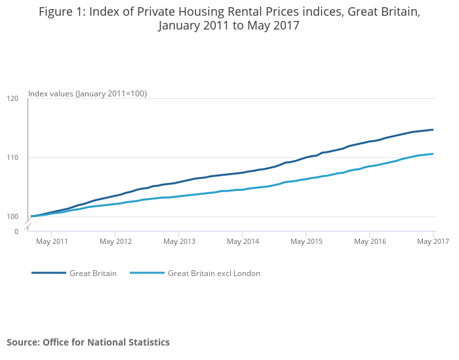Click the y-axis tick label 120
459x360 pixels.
click(12, 98)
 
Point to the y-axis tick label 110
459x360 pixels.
click(12, 157)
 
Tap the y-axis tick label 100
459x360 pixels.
click(12, 216)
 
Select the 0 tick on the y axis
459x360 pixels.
click(16, 231)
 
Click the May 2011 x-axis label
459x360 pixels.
click(52, 242)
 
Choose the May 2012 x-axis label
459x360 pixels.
click(115, 242)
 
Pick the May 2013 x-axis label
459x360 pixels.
click(179, 242)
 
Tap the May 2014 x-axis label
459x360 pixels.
click(243, 242)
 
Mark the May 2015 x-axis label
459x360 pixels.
click(306, 242)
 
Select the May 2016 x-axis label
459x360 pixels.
click(370, 242)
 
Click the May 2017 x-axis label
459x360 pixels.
click(433, 242)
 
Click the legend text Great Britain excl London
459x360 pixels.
click(214, 273)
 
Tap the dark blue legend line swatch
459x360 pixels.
click(49, 273)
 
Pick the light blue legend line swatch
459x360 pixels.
click(147, 273)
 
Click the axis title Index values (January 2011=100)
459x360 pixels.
click(87, 94)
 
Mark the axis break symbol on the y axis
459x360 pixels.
click(28, 225)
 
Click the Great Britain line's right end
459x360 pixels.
click(433, 129)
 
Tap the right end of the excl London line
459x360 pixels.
click(433, 154)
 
